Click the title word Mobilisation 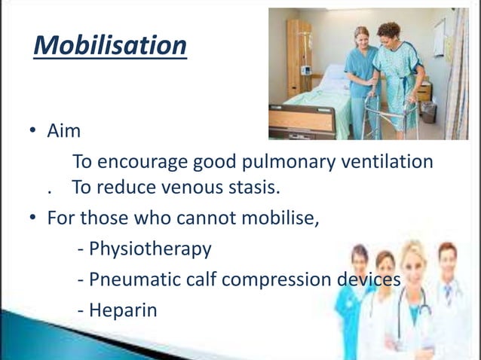pyautogui.click(x=110, y=45)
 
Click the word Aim pyautogui.click(x=64, y=131)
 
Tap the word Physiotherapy pyautogui.click(x=150, y=249)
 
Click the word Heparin pyautogui.click(x=123, y=310)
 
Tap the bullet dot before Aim pyautogui.click(x=33, y=130)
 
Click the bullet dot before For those pyautogui.click(x=33, y=217)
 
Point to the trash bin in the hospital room pyautogui.click(x=429, y=112)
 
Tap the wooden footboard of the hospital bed pyautogui.click(x=302, y=119)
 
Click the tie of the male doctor pyautogui.click(x=448, y=294)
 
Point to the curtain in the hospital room pyautogui.click(x=457, y=74)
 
